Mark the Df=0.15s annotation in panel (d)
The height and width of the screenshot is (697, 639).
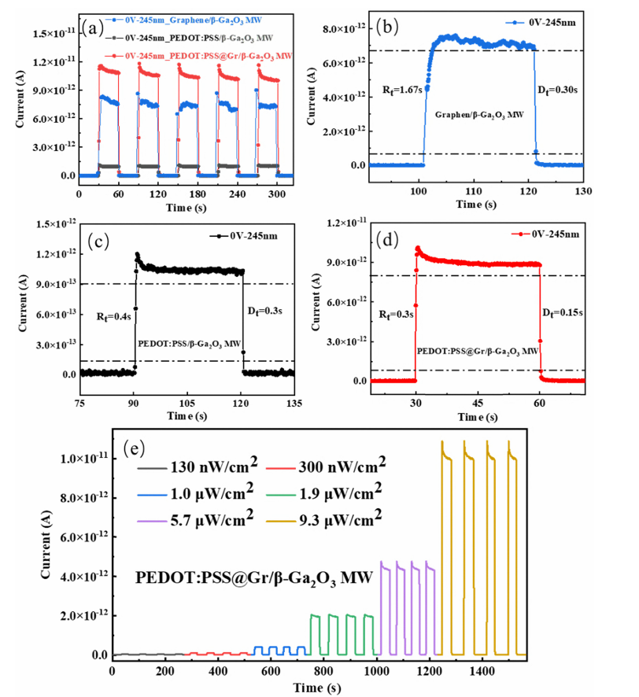coord(563,312)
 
